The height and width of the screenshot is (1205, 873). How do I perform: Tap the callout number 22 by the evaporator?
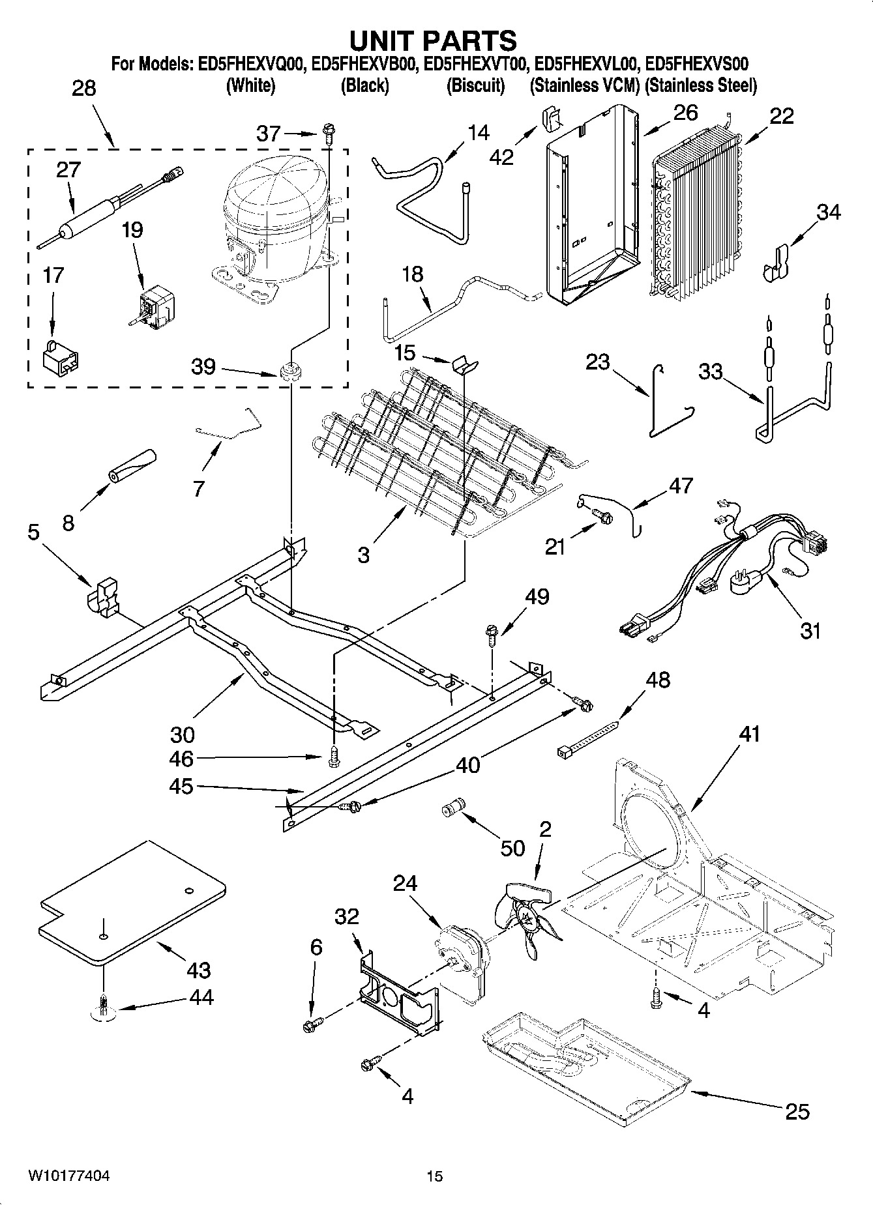[781, 116]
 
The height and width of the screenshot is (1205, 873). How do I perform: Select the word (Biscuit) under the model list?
[475, 85]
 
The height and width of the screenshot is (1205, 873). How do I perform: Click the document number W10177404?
[68, 1175]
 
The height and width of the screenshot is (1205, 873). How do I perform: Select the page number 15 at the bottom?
[434, 1176]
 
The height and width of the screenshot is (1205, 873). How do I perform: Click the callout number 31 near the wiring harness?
[810, 631]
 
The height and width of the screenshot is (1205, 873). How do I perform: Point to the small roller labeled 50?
[451, 808]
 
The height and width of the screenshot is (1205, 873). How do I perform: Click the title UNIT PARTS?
[433, 40]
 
